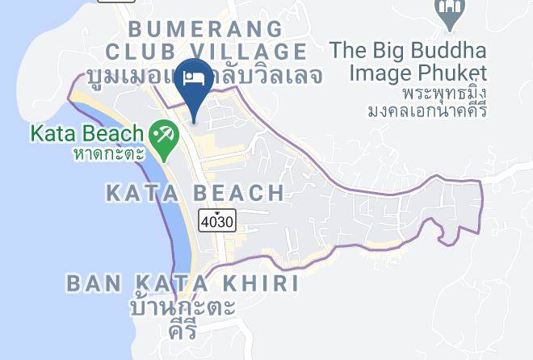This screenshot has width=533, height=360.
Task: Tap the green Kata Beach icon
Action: pyautogui.click(x=163, y=133)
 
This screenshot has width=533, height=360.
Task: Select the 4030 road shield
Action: pyautogui.click(x=218, y=219)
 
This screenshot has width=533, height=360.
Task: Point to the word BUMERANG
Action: pyautogui.click(x=206, y=29)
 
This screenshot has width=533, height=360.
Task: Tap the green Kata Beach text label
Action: pyautogui.click(x=87, y=132)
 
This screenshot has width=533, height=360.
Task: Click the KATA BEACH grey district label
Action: pyautogui.click(x=195, y=193)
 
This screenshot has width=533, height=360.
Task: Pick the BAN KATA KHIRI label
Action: pyautogui.click(x=183, y=283)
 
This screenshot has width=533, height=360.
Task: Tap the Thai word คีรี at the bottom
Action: pyautogui.click(x=183, y=329)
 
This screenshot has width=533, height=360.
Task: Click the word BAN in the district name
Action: pyautogui.click(x=90, y=283)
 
